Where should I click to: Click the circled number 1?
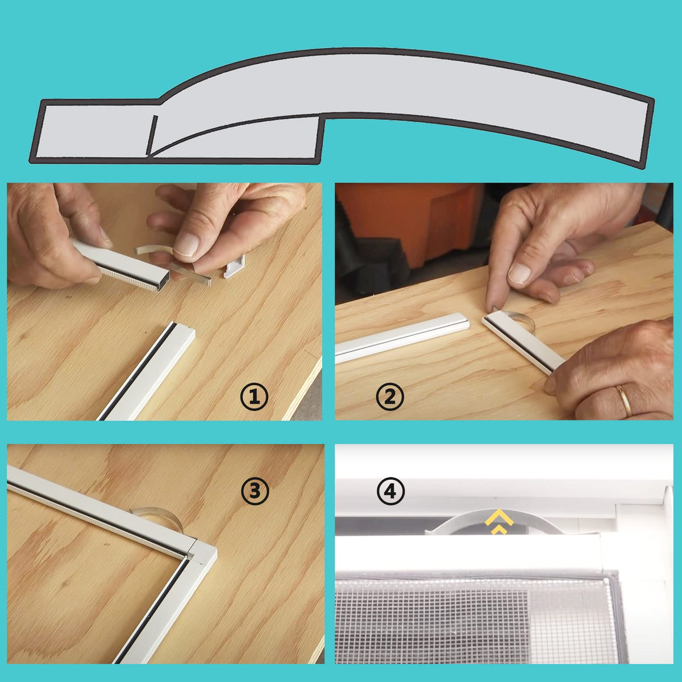tap(254, 397)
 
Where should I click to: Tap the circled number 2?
tap(390, 397)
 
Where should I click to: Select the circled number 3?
tap(255, 491)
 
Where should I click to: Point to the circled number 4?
tap(390, 491)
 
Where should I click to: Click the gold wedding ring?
tap(623, 401)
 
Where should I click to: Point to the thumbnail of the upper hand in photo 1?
tap(186, 244)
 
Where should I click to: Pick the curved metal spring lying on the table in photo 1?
tap(152, 248)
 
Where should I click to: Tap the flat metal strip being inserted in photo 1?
tap(191, 273)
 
